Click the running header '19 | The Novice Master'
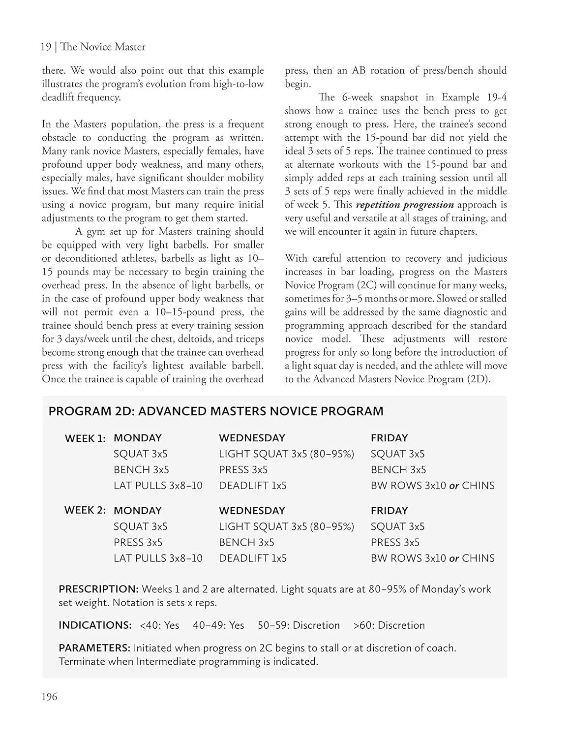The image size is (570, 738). [93, 47]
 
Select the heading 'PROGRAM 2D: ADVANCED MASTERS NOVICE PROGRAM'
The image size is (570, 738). [216, 411]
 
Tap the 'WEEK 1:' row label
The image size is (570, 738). [85, 438]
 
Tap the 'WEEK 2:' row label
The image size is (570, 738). [85, 511]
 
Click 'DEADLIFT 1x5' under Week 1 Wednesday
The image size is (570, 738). [253, 486]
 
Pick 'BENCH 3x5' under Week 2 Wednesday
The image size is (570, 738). [246, 542]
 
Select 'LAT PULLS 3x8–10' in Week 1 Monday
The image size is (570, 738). [158, 486]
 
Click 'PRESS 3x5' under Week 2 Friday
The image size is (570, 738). [395, 542]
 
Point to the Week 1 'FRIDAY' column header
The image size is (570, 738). [389, 438]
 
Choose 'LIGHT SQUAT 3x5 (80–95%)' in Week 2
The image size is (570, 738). [286, 526]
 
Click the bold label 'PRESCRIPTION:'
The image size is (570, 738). [98, 589]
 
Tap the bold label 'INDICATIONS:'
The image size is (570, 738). [95, 625]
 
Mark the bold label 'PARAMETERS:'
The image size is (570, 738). [94, 648]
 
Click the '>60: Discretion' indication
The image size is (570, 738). [389, 625]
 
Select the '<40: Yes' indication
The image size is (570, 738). [159, 625]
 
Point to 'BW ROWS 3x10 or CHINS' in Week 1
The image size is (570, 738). [432, 486]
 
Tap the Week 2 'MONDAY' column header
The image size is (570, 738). [137, 511]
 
